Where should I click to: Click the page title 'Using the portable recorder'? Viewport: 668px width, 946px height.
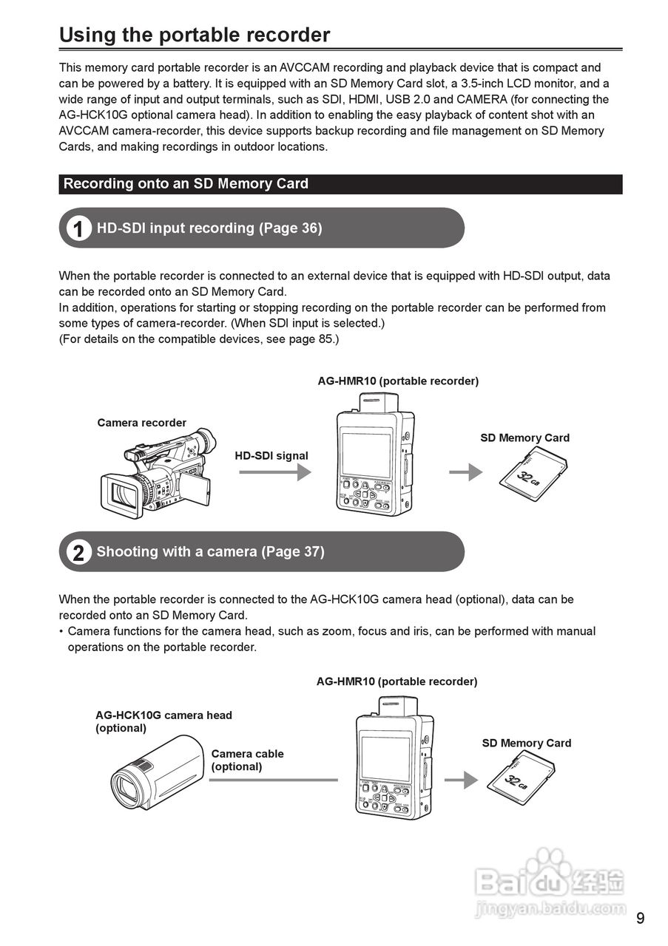195,35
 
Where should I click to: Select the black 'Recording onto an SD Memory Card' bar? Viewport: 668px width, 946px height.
340,184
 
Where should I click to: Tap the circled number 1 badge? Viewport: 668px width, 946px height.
78,228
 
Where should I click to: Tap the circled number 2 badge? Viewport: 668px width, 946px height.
78,552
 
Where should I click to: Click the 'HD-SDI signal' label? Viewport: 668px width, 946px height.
271,456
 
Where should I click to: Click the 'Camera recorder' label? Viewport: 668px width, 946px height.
141,423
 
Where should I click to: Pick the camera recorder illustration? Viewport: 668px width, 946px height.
158,473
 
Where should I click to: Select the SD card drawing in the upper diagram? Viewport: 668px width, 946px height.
534,474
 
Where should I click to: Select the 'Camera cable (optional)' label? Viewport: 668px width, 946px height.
247,760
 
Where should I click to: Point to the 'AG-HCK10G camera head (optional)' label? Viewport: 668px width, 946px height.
163,721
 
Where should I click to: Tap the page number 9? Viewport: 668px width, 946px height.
640,919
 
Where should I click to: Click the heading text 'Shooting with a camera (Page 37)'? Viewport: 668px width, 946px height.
210,552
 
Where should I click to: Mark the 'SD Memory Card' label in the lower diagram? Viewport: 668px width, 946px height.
526,743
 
